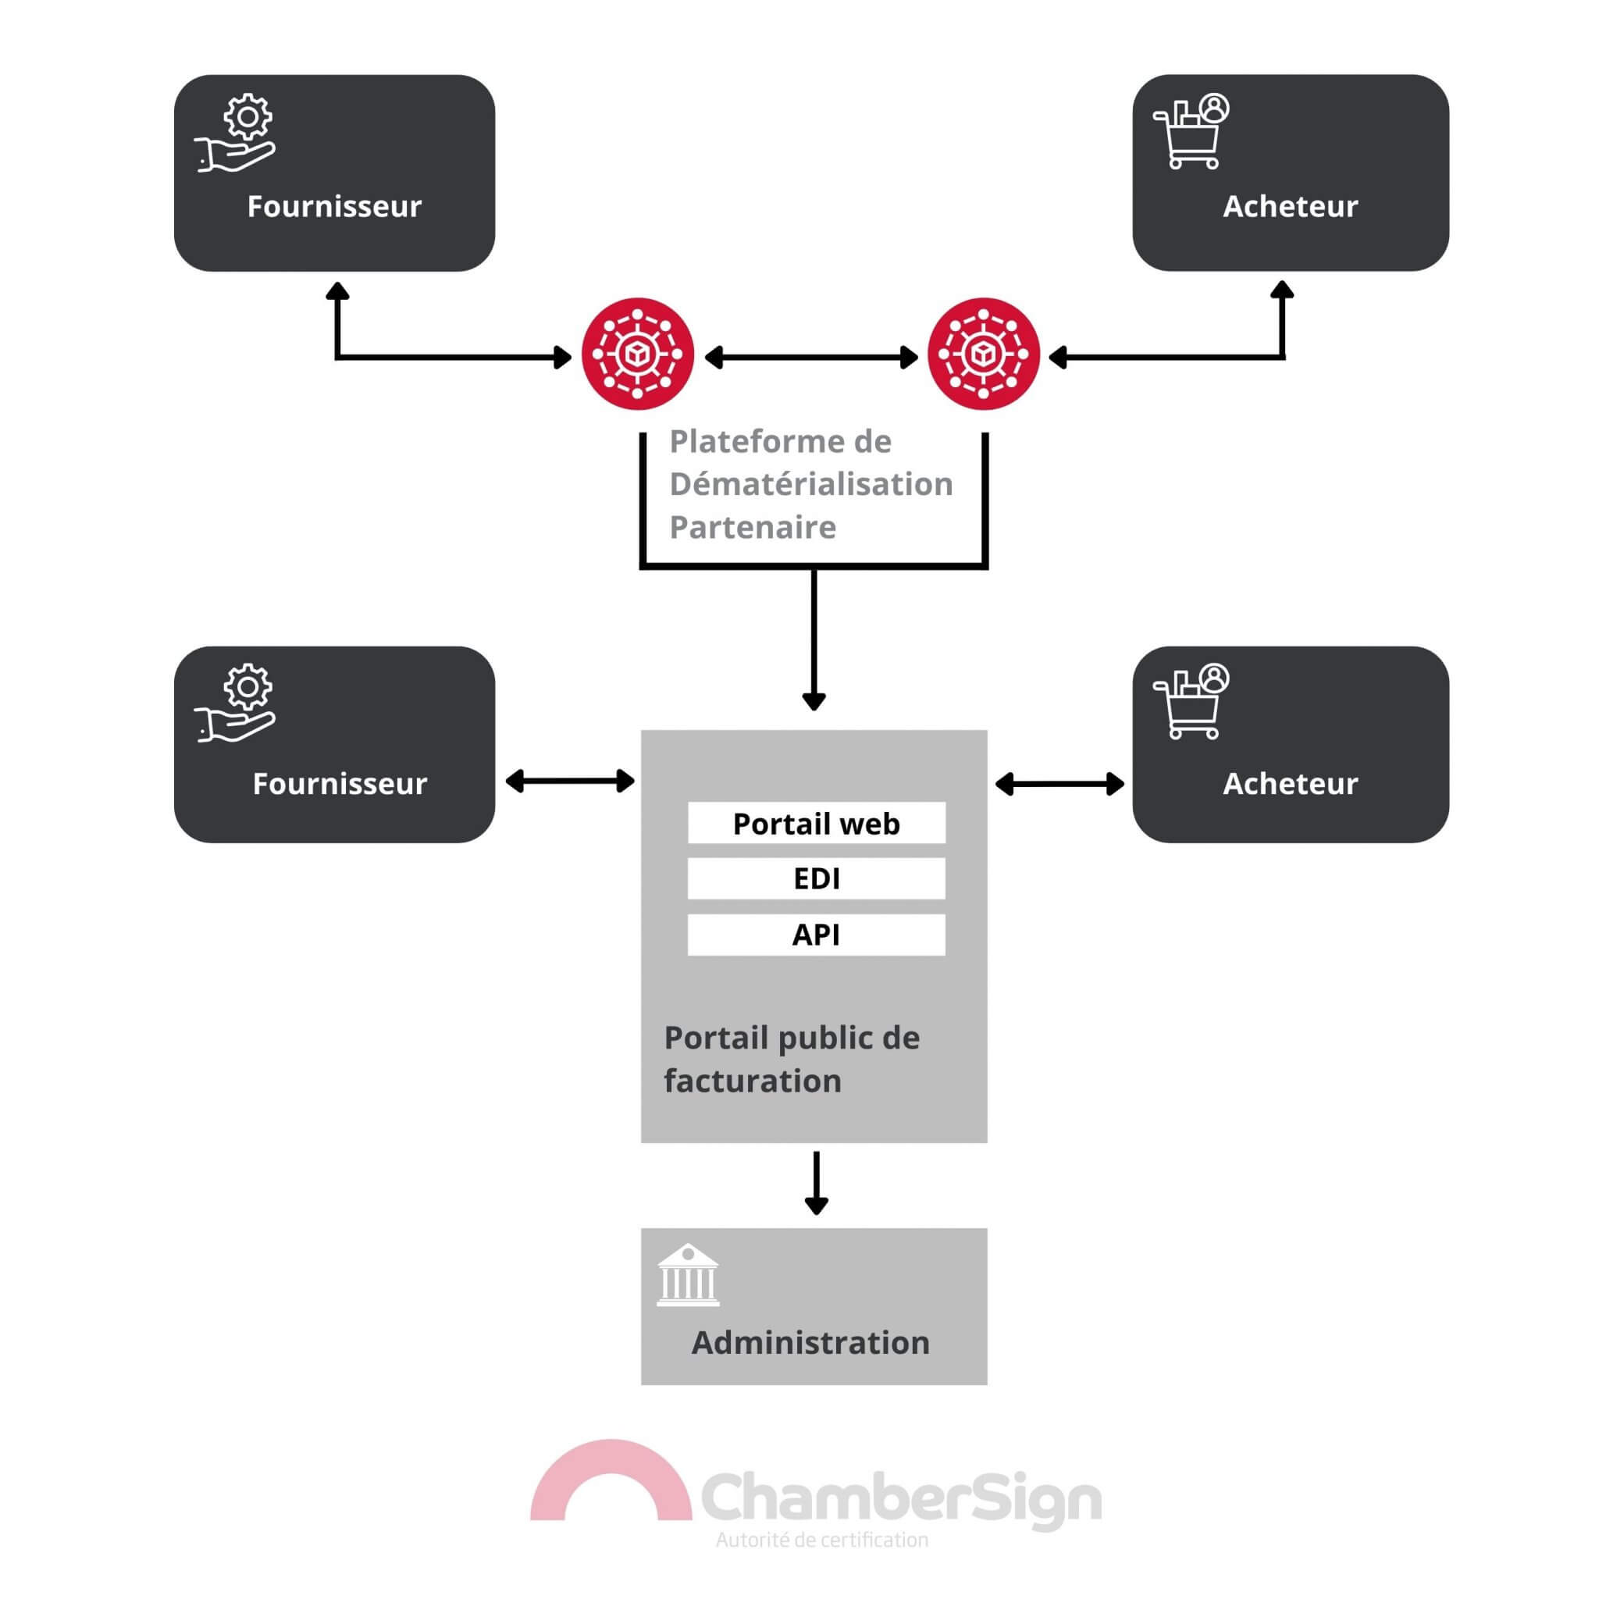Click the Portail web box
click(x=816, y=824)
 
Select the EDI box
click(x=816, y=878)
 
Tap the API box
click(x=816, y=935)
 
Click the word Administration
click(x=810, y=1342)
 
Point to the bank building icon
click(x=688, y=1276)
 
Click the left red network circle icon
click(x=637, y=354)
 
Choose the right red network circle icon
click(x=983, y=354)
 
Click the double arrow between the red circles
click(x=811, y=358)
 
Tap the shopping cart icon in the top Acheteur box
click(x=1190, y=133)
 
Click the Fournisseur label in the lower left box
click(x=340, y=784)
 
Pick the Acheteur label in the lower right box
click(x=1291, y=784)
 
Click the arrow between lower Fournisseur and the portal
click(x=569, y=781)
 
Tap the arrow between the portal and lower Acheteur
click(x=1059, y=784)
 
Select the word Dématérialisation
click(x=811, y=484)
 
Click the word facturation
click(x=753, y=1081)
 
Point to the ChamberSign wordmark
click(x=900, y=1499)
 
